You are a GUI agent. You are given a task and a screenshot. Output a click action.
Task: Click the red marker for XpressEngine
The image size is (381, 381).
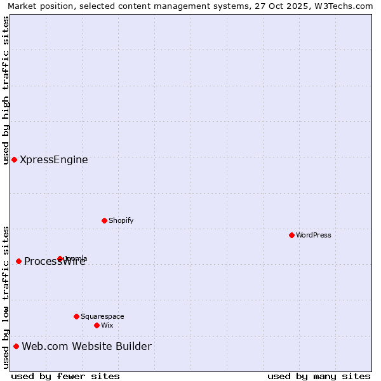coord(14,159)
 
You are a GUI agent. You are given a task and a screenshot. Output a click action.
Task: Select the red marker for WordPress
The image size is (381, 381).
coord(291,235)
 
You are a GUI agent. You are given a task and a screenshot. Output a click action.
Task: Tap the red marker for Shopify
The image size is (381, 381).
coord(104,220)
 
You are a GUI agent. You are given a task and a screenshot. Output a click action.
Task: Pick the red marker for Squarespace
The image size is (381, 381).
coord(76,316)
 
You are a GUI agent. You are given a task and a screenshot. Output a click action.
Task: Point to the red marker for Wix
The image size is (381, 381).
coord(97,325)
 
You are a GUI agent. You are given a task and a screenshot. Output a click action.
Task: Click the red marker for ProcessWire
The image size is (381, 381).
coord(18,261)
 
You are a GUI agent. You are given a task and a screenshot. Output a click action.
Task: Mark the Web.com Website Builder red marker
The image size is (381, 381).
coord(16,346)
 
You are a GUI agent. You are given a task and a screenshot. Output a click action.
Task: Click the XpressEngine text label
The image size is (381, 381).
coord(54,160)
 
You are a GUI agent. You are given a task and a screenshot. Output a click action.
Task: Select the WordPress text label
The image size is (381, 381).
coord(314,235)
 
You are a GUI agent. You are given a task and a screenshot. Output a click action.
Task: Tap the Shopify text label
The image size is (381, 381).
coord(121,220)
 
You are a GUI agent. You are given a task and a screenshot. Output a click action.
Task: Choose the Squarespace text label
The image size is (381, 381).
coord(102,316)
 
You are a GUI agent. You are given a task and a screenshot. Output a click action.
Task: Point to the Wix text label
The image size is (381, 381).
coord(107,325)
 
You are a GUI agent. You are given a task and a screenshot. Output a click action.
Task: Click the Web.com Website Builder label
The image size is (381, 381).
coord(86,346)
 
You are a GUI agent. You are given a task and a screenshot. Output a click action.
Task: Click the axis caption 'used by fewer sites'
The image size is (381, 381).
coord(65,376)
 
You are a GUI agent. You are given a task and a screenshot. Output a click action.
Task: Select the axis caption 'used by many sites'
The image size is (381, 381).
coord(319,376)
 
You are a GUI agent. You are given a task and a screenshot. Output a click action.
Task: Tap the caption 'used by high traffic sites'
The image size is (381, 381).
coord(6,90)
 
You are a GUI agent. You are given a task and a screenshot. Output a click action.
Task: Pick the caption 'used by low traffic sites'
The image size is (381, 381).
coord(6,297)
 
